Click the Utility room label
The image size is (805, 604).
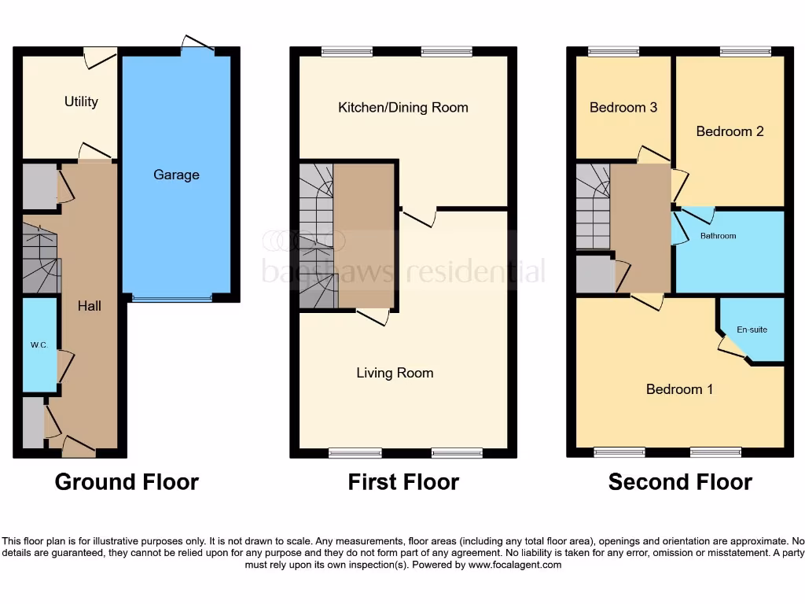coord(81,101)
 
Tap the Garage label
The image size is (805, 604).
coord(176,175)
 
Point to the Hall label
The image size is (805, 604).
coord(89,305)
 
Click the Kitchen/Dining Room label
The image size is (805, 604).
coord(402,108)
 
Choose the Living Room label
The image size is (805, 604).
coord(395,373)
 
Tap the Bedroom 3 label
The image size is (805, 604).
coord(623,108)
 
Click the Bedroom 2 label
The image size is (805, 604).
coord(730,131)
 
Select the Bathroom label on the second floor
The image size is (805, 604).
coord(718,236)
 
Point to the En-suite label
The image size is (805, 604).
coord(752,330)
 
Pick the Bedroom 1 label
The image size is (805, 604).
coord(679,389)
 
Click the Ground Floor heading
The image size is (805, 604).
coord(127,481)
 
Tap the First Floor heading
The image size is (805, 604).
coord(403,481)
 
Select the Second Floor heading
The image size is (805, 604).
coord(680,481)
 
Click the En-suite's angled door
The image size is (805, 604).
coord(730,346)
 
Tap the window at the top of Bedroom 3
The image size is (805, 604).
coord(612,52)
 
